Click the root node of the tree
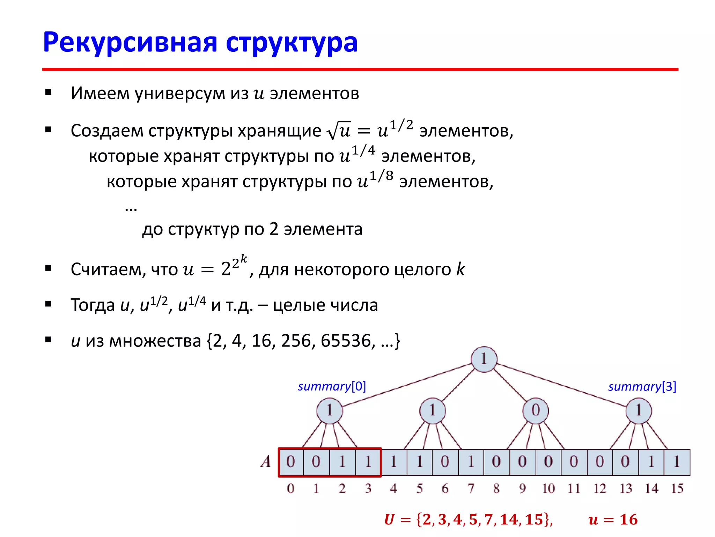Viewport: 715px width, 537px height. [x=484, y=359]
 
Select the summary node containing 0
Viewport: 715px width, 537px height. [x=536, y=410]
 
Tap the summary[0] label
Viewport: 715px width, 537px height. [x=332, y=386]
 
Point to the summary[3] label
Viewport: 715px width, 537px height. [x=642, y=387]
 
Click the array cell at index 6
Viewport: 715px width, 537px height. [x=445, y=462]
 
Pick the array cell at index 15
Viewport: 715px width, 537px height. [x=677, y=462]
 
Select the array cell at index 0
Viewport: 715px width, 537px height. [x=291, y=462]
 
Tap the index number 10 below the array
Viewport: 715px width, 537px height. [x=548, y=489]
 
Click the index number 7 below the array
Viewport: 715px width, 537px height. [x=471, y=489]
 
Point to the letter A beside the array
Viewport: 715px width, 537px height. [x=266, y=461]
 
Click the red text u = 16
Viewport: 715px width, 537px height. [x=613, y=520]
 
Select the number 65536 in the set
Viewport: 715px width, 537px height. [x=346, y=341]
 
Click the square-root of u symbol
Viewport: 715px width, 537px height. [x=339, y=130]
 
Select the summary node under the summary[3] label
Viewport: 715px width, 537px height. [x=639, y=410]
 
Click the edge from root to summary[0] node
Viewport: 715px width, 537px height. [x=407, y=385]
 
